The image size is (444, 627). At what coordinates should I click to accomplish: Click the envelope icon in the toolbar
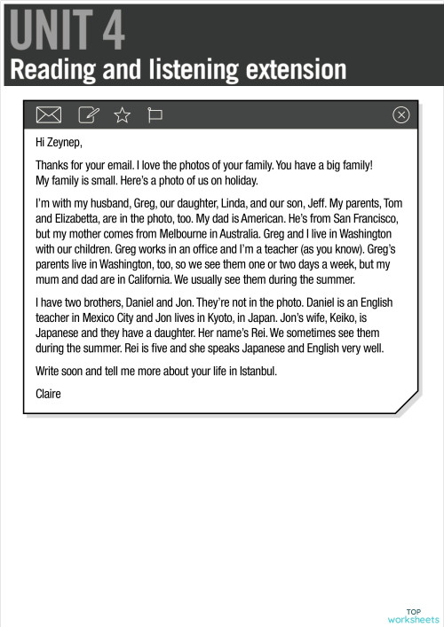48,114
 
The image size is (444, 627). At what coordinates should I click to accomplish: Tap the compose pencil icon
88,114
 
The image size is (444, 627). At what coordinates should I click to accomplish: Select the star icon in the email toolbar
122,114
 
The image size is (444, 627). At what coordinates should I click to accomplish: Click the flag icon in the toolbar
155,114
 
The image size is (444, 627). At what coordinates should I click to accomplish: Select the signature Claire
48,393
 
